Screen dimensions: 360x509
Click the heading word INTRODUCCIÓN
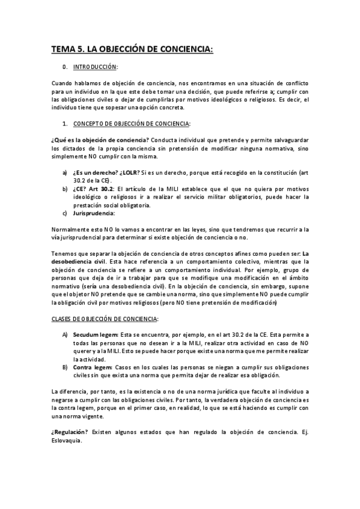click(x=96, y=67)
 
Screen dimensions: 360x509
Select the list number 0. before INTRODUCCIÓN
click(x=65, y=67)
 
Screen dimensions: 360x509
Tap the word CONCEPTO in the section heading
click(x=90, y=124)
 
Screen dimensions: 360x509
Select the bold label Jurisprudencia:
click(x=94, y=213)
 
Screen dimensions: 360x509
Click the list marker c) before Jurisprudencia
click(x=65, y=213)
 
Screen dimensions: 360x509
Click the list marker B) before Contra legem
click(x=65, y=366)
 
